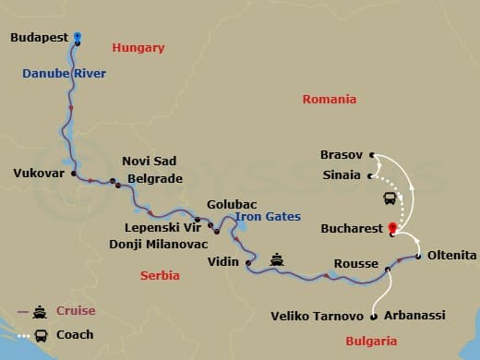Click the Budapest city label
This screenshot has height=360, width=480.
click(41, 38)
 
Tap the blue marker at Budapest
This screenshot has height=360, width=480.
click(78, 38)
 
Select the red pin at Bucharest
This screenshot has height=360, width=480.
click(392, 227)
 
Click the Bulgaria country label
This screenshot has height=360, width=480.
click(370, 341)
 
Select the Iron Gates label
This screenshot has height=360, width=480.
click(267, 217)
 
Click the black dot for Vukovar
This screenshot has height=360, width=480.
click(72, 173)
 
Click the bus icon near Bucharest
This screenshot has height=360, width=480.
click(390, 197)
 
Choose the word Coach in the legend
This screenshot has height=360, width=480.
click(75, 334)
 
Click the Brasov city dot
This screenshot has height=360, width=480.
click(371, 155)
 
